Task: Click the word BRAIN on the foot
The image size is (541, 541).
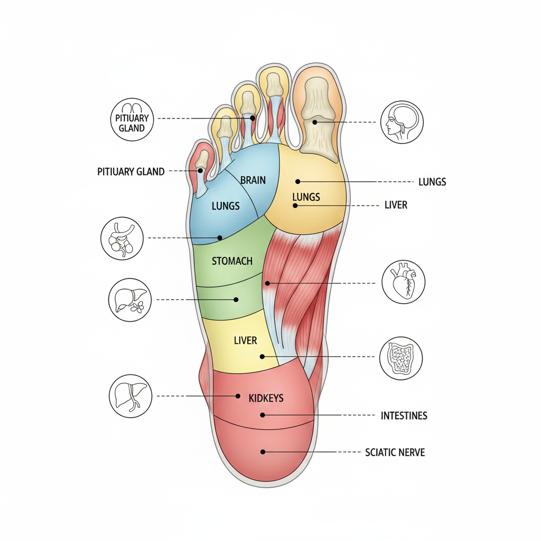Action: click(253, 180)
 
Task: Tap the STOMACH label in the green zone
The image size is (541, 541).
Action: click(232, 261)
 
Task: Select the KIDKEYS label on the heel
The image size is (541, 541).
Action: click(266, 398)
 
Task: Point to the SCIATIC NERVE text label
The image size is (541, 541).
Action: click(395, 452)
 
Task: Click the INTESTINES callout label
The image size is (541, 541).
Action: click(404, 416)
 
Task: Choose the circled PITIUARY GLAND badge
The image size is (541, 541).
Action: click(132, 119)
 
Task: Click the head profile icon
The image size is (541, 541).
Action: click(402, 122)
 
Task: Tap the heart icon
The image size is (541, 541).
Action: click(403, 282)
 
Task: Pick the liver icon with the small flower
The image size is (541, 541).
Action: click(130, 300)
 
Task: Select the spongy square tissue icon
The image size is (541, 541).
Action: click(401, 358)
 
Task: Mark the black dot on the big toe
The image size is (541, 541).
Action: click(315, 122)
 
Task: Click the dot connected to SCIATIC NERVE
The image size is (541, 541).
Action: click(263, 452)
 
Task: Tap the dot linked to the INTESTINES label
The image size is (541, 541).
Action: click(263, 415)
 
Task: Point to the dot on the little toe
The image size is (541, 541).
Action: click(200, 171)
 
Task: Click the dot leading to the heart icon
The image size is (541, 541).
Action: click(267, 283)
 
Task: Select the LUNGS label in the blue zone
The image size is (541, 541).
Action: click(226, 206)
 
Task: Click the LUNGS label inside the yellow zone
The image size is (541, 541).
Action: click(306, 197)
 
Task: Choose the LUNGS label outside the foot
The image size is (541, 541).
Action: click(432, 182)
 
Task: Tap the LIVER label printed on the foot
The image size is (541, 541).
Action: click(245, 341)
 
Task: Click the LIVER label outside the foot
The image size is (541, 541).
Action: click(396, 205)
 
